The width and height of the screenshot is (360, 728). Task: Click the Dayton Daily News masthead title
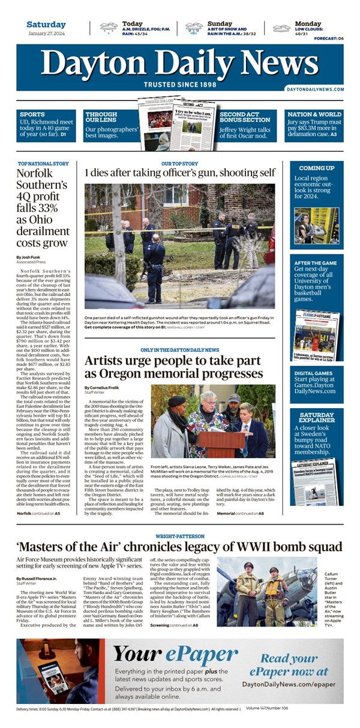pyautogui.click(x=180, y=63)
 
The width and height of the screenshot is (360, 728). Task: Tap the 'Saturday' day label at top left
pyautogui.click(x=46, y=25)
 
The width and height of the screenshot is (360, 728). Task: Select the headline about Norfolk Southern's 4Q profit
pyautogui.click(x=43, y=208)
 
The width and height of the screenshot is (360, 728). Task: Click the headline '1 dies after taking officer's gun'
pyautogui.click(x=180, y=173)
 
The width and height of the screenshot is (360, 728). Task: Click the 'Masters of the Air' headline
pyautogui.click(x=179, y=547)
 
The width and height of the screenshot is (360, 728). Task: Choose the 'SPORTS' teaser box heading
pyautogui.click(x=32, y=114)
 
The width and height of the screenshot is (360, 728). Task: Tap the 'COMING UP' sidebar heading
pyautogui.click(x=316, y=168)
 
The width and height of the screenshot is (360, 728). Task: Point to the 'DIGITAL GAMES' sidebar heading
pyautogui.click(x=314, y=373)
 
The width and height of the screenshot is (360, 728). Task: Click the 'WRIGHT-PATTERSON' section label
pyautogui.click(x=179, y=536)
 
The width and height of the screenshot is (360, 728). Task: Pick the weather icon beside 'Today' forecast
pyautogui.click(x=109, y=27)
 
